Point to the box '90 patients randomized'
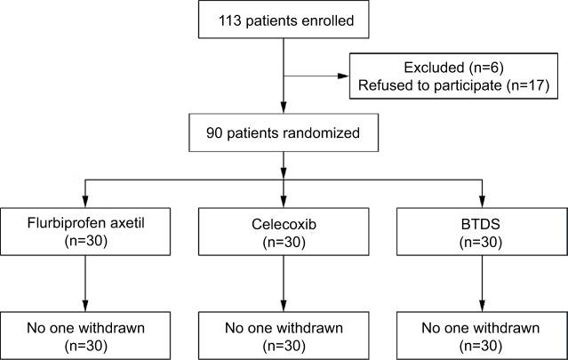pos(284,135)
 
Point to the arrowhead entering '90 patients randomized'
pos(284,111)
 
